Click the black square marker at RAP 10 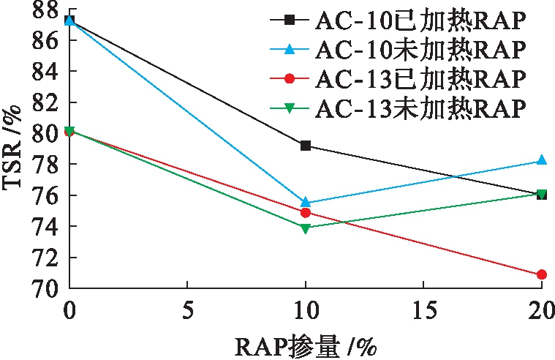[306, 146]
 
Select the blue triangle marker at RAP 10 [306, 202]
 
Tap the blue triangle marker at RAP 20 [541, 160]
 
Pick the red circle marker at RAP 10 [306, 212]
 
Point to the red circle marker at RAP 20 [541, 274]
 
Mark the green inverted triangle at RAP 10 [306, 228]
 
